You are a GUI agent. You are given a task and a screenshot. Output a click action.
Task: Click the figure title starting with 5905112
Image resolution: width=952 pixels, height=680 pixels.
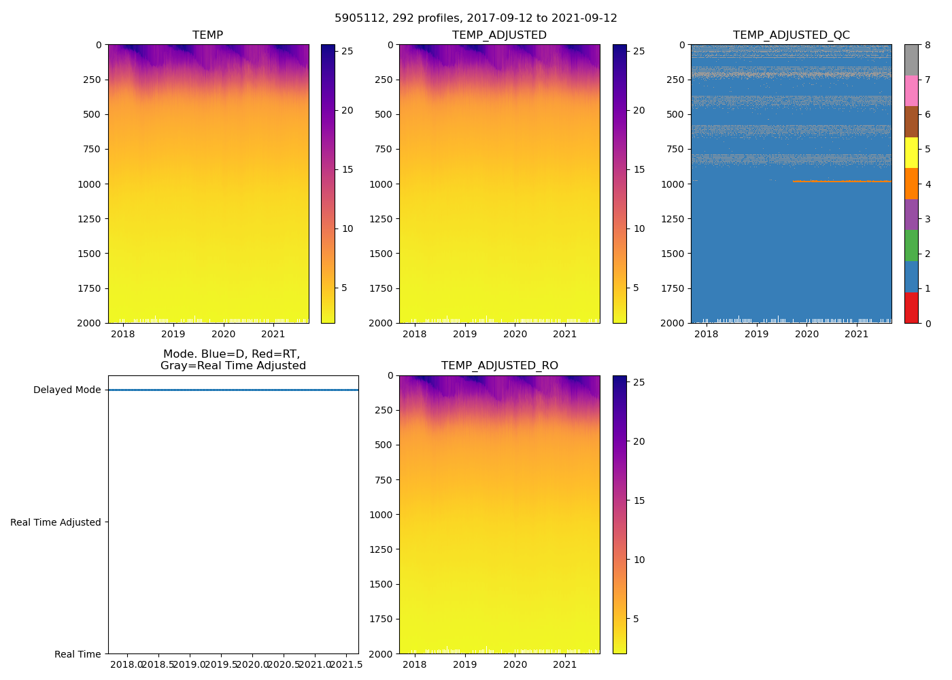click(475, 18)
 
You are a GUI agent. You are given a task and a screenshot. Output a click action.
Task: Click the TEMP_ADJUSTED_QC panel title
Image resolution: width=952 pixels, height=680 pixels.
click(791, 35)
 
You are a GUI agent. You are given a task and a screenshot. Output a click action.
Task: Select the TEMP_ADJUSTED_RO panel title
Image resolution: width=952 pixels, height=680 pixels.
click(499, 366)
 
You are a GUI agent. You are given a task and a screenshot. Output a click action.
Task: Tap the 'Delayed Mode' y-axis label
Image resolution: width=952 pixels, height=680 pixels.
click(67, 390)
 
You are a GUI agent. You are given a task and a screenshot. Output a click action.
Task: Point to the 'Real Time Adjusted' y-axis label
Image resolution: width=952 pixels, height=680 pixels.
click(55, 522)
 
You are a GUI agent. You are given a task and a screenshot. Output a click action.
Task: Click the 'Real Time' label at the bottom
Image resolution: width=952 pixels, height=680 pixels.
click(78, 654)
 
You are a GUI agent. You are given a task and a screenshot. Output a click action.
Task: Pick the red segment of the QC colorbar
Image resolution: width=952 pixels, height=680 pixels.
click(911, 307)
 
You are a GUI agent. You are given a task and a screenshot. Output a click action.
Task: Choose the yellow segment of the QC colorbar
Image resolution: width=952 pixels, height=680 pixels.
click(911, 152)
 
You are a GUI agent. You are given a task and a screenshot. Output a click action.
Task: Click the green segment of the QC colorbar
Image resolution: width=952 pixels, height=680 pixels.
click(911, 245)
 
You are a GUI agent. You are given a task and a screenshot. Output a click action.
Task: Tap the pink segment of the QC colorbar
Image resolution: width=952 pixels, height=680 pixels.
click(911, 90)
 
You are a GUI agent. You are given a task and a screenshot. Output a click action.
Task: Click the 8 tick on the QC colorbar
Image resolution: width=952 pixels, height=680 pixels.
click(927, 46)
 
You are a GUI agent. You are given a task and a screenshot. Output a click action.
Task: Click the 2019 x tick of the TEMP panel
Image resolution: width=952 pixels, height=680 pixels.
click(173, 334)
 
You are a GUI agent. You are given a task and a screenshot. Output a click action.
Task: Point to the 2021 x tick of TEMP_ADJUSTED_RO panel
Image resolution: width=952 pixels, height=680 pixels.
click(565, 664)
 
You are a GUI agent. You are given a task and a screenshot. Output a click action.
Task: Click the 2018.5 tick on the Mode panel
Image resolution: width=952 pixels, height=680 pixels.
click(158, 664)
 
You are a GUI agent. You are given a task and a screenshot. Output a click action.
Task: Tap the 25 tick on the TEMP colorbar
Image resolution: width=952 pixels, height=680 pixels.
click(347, 51)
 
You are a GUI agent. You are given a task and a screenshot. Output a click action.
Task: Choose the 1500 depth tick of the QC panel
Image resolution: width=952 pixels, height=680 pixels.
click(673, 254)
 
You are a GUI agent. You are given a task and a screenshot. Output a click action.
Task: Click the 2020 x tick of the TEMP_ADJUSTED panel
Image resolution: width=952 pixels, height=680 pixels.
click(515, 334)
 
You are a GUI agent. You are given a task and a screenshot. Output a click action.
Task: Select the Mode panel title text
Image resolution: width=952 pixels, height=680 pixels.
click(233, 360)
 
